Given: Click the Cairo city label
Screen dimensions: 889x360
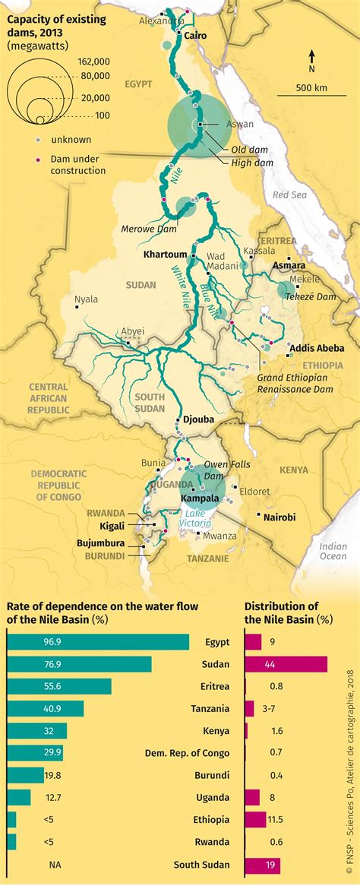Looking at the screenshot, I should (x=195, y=36).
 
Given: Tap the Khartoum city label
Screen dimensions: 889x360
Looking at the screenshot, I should (x=166, y=255).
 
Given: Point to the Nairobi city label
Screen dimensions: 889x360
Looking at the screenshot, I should (x=279, y=517).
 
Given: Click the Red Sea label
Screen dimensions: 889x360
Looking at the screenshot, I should (x=288, y=195).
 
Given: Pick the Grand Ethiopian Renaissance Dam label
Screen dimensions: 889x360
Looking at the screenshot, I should (x=294, y=384).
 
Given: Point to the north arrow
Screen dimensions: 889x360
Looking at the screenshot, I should (x=311, y=59).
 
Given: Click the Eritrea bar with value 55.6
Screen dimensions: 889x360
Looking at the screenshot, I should (x=58, y=686).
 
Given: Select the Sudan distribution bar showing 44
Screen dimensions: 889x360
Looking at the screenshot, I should (x=286, y=664).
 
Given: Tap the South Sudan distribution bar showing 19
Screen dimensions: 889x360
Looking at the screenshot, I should (x=262, y=865).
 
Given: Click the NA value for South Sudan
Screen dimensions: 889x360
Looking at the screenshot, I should (x=55, y=865).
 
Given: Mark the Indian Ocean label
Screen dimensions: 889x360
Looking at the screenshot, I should (x=333, y=552).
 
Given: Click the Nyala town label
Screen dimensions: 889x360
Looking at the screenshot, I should (x=86, y=299).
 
